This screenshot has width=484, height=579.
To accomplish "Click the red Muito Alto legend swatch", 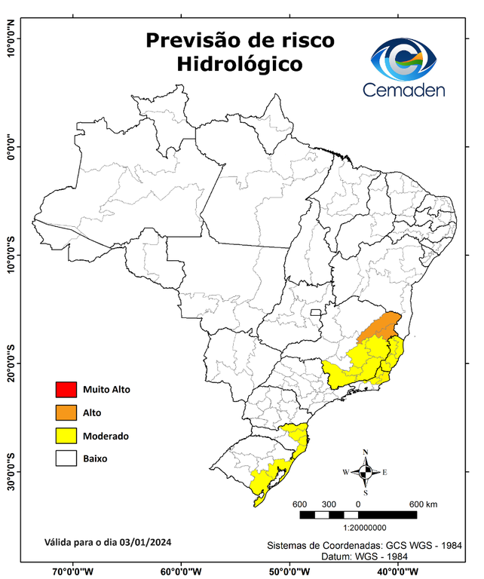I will point(66,390).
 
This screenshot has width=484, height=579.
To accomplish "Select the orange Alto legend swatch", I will point(66,412).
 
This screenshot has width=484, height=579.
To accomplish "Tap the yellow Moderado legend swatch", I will point(66,435).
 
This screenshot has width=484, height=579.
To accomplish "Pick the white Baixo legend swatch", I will point(66,458).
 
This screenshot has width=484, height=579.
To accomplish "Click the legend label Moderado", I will point(106,436).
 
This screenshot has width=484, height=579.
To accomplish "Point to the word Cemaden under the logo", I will point(404,90).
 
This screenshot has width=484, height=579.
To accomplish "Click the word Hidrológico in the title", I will point(240,64).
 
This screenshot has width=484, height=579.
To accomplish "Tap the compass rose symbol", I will point(365,473).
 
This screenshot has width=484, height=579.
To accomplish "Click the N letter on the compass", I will point(366,452).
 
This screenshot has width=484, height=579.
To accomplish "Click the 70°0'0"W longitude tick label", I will point(72,571).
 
